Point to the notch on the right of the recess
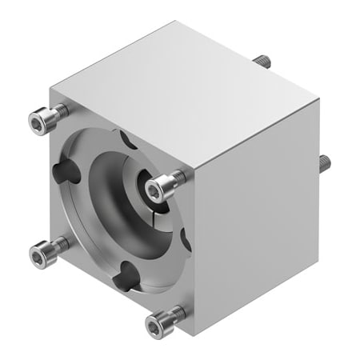[x=183, y=238]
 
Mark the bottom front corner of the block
[x=193, y=336]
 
